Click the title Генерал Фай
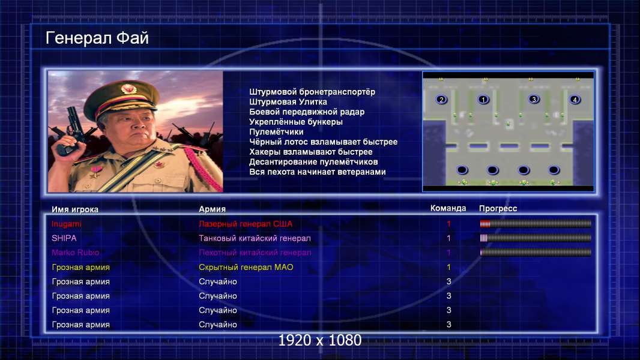click(x=97, y=38)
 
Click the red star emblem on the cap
click(x=128, y=89)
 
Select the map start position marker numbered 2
click(x=441, y=100)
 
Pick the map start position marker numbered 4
click(x=575, y=100)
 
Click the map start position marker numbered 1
click(x=483, y=100)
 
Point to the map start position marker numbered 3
click(x=534, y=99)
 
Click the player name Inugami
click(x=67, y=224)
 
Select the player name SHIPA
click(x=64, y=238)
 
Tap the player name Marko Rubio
click(x=76, y=253)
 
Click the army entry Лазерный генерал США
click(x=246, y=224)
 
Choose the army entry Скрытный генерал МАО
click(x=246, y=268)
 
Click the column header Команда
click(x=448, y=208)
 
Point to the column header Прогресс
click(x=498, y=209)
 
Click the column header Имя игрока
click(x=75, y=209)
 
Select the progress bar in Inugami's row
click(x=536, y=223)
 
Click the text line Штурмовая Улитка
click(x=288, y=102)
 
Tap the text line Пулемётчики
click(x=276, y=132)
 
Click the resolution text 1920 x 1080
click(x=320, y=340)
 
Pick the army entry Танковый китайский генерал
click(x=255, y=238)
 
